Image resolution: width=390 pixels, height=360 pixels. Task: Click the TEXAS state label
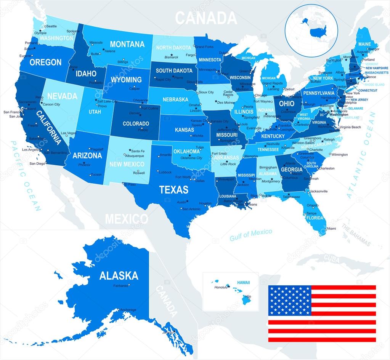(x=174, y=189)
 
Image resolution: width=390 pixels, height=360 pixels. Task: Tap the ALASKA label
(x=119, y=275)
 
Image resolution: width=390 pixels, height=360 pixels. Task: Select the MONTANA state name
(x=128, y=44)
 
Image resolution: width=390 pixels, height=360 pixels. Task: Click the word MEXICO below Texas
(x=127, y=219)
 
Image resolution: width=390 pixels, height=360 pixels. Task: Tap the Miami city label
(x=331, y=228)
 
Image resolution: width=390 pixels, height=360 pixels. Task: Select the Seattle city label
(x=51, y=26)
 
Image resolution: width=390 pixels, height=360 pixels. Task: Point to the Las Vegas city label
(x=69, y=133)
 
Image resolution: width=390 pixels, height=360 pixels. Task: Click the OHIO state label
(x=287, y=103)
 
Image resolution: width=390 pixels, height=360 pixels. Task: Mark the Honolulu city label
(x=221, y=287)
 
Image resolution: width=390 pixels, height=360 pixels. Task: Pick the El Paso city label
(x=131, y=184)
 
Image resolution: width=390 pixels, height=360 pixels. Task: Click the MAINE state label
(x=364, y=44)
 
